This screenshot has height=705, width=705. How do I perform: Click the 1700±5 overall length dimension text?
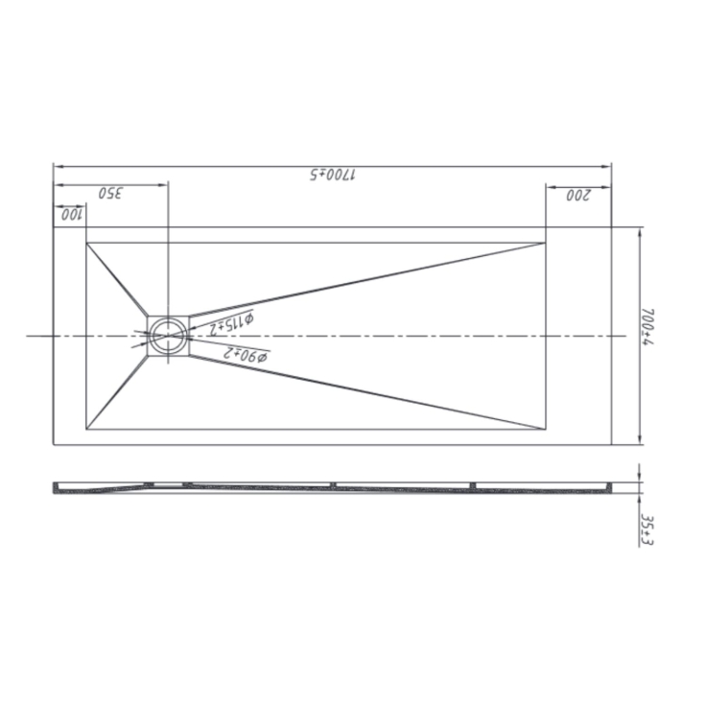coord(332,176)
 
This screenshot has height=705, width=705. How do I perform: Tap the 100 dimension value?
coord(71,215)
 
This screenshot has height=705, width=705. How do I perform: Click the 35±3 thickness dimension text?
coord(648,529)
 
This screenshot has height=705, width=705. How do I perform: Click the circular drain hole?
coord(169,336)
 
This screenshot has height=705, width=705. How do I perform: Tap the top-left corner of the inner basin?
coord(86,242)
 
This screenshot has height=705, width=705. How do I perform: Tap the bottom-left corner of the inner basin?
coord(86,430)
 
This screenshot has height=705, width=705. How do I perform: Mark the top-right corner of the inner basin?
coord(545,242)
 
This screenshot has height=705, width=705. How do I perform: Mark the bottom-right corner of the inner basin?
coord(545,430)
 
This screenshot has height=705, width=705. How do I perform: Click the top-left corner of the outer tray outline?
coord(53,227)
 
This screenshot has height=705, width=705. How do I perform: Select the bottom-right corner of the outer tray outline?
coord(612,444)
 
